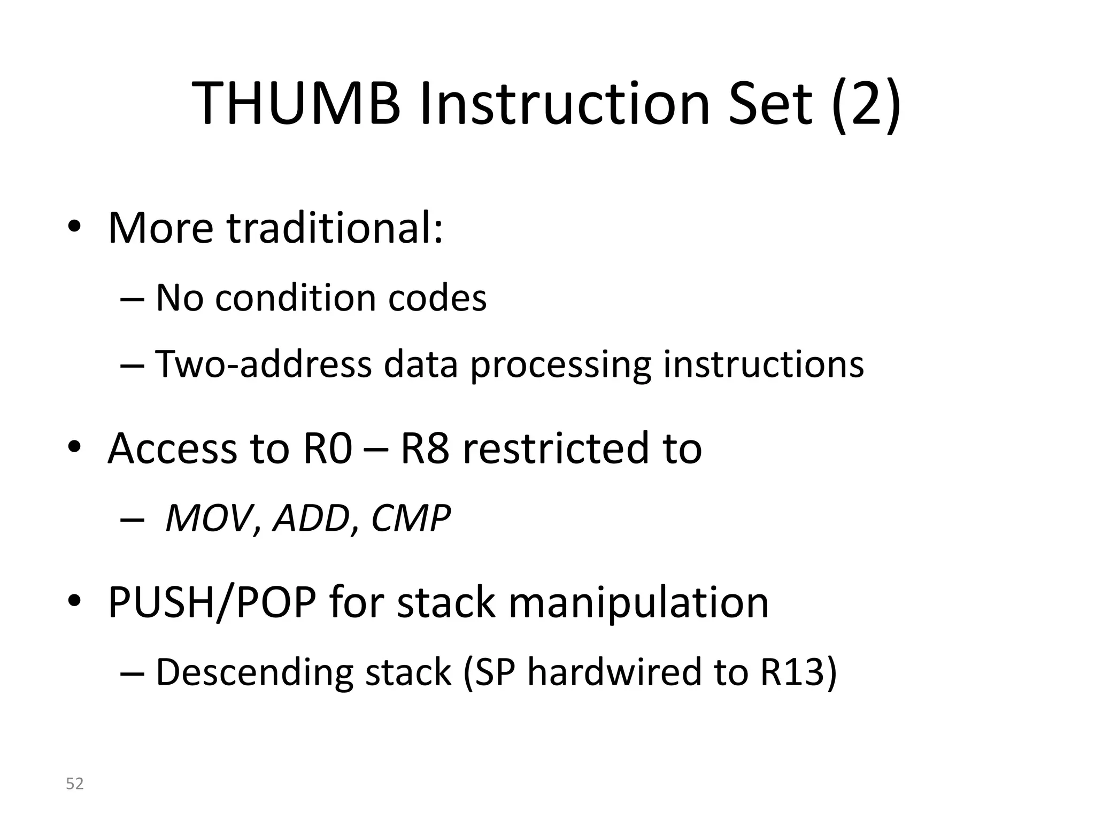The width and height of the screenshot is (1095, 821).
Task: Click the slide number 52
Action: pyautogui.click(x=75, y=784)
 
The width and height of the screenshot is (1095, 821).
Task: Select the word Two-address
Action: pyautogui.click(x=263, y=365)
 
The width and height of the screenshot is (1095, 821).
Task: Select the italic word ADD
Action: pyautogui.click(x=311, y=518)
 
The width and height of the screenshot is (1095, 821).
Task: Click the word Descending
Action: pyautogui.click(x=254, y=672)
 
